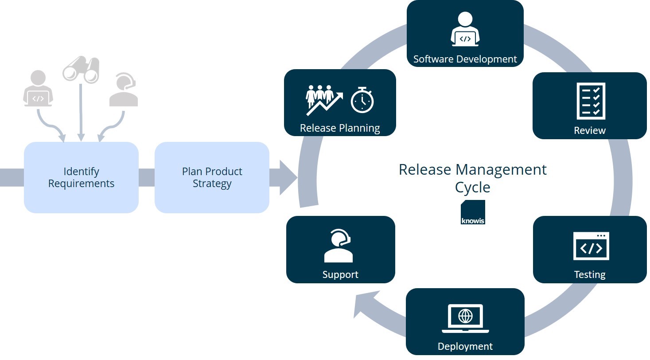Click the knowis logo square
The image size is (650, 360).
point(473,212)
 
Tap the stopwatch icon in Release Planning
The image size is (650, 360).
point(362,99)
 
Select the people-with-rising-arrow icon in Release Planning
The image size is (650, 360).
point(323,99)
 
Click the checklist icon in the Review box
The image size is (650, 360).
point(591,101)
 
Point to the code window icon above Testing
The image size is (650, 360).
point(591,246)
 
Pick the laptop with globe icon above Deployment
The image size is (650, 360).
point(465,318)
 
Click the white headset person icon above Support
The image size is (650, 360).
point(339,246)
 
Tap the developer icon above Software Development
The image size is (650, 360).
point(465,30)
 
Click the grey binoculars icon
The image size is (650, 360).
point(81,69)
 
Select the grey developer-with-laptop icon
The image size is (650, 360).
point(38,89)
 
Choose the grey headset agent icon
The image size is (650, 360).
point(124,90)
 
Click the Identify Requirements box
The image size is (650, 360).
point(81,177)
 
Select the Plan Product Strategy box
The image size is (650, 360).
point(212,177)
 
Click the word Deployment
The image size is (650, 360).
point(465,346)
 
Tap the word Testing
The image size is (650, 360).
point(589,274)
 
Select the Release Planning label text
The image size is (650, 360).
point(340,128)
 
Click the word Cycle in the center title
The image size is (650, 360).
point(472,187)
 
